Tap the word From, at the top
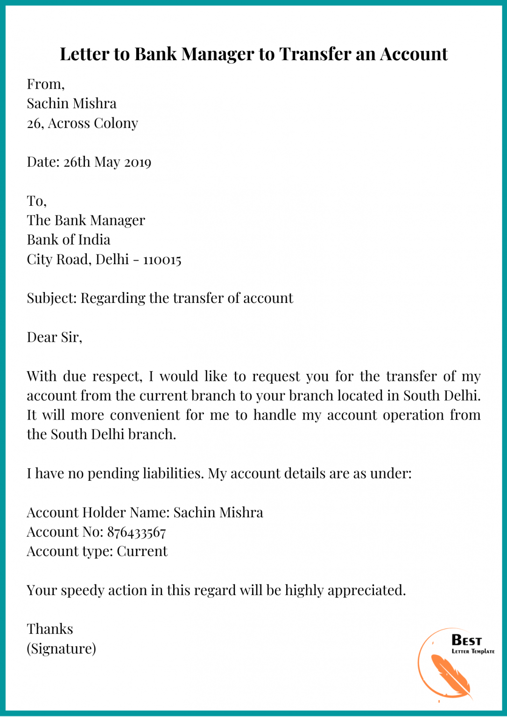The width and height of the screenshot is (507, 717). coord(45,84)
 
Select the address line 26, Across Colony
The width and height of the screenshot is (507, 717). coord(83,123)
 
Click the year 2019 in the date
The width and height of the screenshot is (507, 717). coord(138,162)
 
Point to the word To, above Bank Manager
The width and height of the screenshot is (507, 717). coord(36,201)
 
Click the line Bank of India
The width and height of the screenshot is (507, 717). coord(69,240)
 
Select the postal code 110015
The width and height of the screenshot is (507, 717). coord(162,260)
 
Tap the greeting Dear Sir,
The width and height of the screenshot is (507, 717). coord(54,337)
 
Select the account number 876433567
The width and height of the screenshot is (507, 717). coord(136,532)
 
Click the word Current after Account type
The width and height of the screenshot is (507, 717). coord(142,551)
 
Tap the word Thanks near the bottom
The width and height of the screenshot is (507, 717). coord(50,629)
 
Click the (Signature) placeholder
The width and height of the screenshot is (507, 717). coord(61,649)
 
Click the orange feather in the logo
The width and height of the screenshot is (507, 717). coord(449,675)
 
